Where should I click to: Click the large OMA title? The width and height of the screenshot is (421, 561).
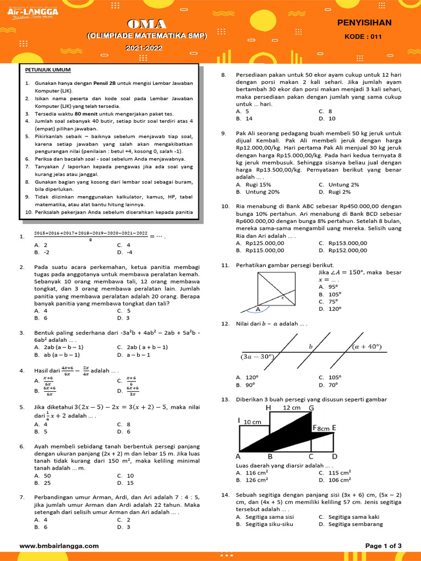tap(147, 24)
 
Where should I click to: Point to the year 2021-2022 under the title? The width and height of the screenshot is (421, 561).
tap(147, 48)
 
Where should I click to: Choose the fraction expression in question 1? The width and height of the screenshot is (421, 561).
tap(91, 236)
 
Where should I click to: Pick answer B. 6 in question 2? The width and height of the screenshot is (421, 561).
tap(41, 318)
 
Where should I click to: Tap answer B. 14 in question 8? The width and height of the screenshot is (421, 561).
tap(244, 118)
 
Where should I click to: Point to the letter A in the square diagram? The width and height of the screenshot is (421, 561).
tap(258, 309)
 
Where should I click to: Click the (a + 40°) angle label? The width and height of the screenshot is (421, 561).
tap(367, 346)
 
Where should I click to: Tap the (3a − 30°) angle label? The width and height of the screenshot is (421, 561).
tap(257, 357)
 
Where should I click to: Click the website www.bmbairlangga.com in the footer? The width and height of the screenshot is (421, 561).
tap(59, 546)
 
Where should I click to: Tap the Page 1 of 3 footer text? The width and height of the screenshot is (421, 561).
tap(383, 546)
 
